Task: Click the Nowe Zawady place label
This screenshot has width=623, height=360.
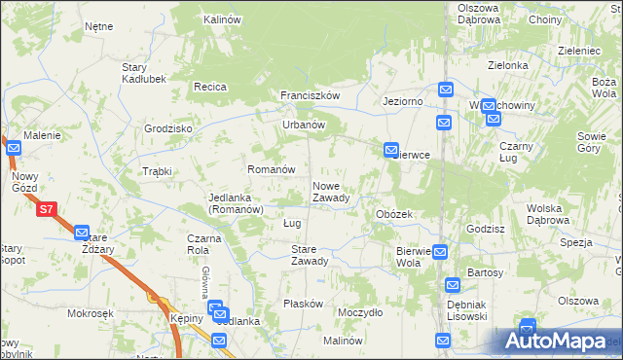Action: (x=331, y=192)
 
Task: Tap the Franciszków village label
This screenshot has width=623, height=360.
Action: (x=310, y=95)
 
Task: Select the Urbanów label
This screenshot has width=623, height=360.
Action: (x=303, y=125)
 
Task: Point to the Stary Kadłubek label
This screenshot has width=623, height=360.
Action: (x=141, y=72)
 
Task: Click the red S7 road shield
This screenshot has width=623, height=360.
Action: (x=46, y=208)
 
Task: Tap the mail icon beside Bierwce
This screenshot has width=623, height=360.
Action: (x=391, y=151)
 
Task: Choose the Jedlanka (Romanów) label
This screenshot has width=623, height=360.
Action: (x=237, y=203)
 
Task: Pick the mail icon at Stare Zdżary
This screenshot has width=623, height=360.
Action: (x=81, y=232)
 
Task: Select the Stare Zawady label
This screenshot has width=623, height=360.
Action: (x=310, y=255)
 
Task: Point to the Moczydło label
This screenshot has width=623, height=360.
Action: (x=359, y=312)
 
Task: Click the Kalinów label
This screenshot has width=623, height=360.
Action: (x=222, y=19)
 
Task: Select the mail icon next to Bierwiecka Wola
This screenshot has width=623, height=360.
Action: (x=440, y=251)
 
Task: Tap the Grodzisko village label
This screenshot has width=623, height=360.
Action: (x=168, y=128)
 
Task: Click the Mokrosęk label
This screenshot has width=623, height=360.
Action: (x=92, y=313)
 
